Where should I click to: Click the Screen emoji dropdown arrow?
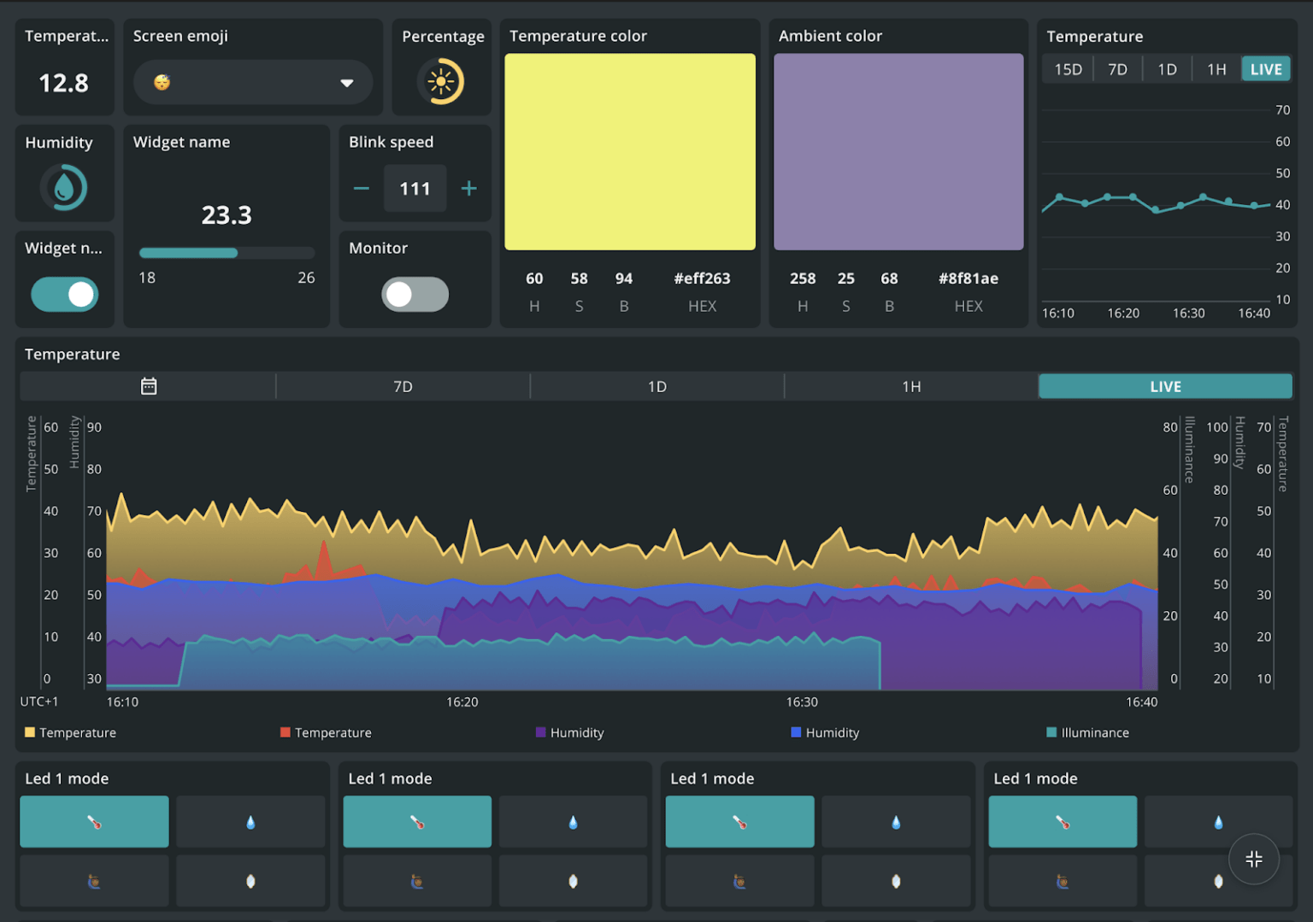point(346,83)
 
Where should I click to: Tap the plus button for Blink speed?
point(468,188)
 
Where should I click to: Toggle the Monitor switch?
point(415,294)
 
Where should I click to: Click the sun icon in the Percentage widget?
point(441,82)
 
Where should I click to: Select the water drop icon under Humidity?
point(64,187)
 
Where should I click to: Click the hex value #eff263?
point(702,279)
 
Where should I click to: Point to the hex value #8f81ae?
point(968,279)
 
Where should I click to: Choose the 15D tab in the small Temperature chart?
point(1068,69)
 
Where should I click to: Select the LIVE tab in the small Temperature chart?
point(1265,69)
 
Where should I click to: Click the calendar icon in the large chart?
point(149,386)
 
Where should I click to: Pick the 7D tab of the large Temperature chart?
point(403,386)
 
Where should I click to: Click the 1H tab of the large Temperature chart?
point(911,386)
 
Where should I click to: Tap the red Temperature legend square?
point(286,732)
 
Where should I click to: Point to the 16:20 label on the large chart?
point(462,702)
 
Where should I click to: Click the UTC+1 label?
point(39,702)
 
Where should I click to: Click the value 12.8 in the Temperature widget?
point(64,83)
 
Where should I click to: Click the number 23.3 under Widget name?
point(227,214)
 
